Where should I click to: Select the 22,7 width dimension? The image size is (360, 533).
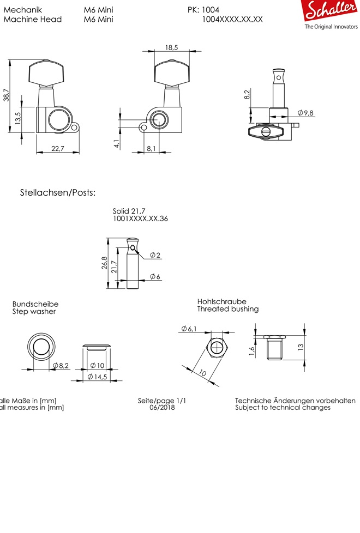click(57, 148)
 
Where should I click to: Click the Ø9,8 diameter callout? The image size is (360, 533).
click(305, 113)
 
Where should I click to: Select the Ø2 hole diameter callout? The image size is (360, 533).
click(155, 255)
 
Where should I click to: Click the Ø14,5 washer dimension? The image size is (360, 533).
click(97, 377)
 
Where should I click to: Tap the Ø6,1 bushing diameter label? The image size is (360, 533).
click(189, 328)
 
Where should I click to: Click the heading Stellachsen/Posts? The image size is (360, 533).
click(58, 193)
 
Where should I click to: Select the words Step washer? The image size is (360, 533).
click(34, 312)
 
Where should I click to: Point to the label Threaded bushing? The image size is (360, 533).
click(228, 309)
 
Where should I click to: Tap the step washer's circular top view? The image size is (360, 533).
click(41, 347)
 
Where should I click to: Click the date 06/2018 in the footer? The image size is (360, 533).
click(162, 408)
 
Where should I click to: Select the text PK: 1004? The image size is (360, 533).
click(203, 10)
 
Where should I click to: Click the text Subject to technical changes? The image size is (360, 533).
click(283, 408)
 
